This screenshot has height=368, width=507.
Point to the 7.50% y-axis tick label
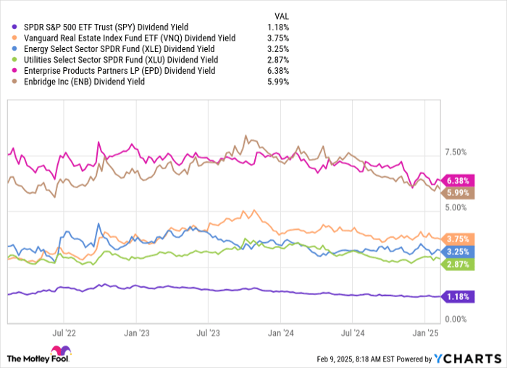click(456, 153)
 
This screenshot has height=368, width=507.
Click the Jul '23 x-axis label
click(208, 334)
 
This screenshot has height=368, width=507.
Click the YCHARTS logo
click(467, 357)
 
